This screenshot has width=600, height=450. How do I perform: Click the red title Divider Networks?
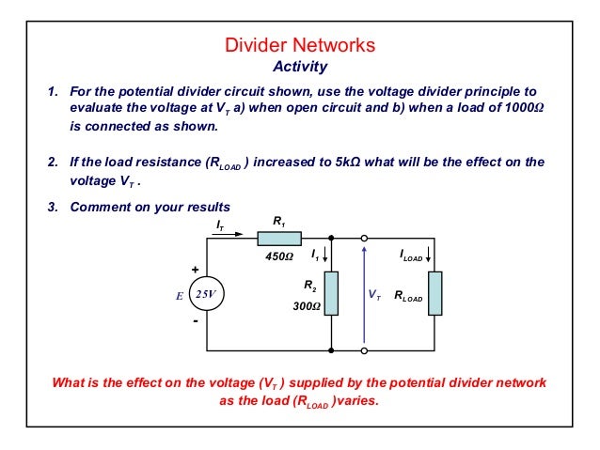300,45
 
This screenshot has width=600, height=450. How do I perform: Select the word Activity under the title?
299,67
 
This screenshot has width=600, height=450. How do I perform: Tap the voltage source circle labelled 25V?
206,294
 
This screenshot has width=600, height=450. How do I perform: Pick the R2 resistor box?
332,294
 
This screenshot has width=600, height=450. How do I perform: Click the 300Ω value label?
306,306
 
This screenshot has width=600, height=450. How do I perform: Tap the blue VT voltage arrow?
364,292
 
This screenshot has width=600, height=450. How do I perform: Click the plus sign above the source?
195,269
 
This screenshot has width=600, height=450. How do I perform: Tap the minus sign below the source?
195,320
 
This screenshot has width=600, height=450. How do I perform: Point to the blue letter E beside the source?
178,295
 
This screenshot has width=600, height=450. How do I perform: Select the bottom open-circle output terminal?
364,350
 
